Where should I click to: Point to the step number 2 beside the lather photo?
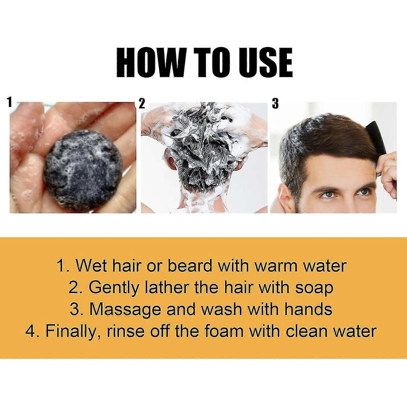pyautogui.click(x=142, y=104)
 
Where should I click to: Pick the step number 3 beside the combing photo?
pyautogui.click(x=275, y=104)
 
